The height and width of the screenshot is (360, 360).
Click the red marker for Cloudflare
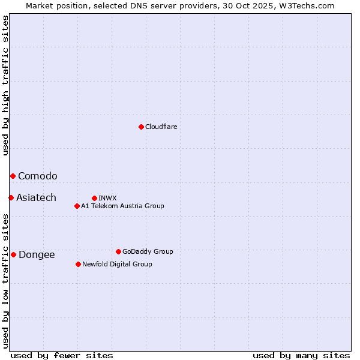(x=141, y=127)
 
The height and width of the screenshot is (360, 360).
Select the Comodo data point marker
(x=13, y=176)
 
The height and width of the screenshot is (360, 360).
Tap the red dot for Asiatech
(x=11, y=197)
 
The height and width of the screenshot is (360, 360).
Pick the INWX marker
(x=94, y=198)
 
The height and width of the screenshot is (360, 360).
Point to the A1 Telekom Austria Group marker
(x=77, y=206)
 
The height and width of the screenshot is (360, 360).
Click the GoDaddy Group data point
(x=118, y=251)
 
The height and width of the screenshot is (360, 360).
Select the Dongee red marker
(x=13, y=254)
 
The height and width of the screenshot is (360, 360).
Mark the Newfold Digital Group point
(x=78, y=264)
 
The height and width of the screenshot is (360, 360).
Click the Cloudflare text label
(x=161, y=127)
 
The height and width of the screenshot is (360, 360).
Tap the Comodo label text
(x=38, y=176)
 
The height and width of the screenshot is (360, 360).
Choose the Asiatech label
(x=36, y=197)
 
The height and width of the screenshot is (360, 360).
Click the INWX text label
(x=107, y=198)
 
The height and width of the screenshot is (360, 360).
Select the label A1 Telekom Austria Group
(x=122, y=206)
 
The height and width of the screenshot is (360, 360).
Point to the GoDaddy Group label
(x=148, y=251)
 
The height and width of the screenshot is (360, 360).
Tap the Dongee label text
(x=37, y=254)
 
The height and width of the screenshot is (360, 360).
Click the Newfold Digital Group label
(x=117, y=264)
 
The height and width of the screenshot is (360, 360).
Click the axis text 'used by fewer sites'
(x=62, y=355)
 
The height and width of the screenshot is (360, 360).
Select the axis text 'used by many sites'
(x=301, y=355)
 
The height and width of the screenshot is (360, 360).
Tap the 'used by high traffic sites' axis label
(x=6, y=85)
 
